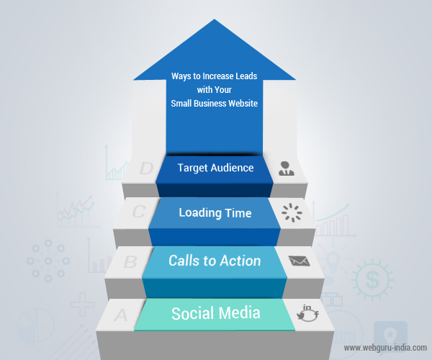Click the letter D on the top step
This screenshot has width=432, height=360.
click(147, 169)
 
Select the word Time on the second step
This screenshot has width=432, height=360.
click(240, 213)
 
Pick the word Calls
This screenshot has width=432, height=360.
click(185, 260)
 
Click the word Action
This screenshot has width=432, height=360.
click(240, 260)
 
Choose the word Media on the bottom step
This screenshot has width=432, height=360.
click(238, 313)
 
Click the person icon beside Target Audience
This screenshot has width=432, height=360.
click(287, 168)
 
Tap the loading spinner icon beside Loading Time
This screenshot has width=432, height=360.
click(291, 212)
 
